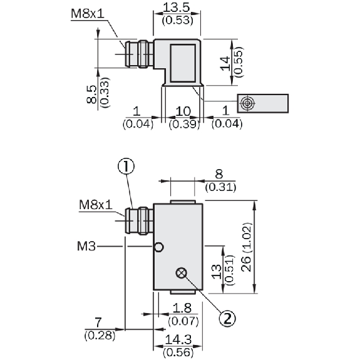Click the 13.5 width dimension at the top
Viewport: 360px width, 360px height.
pyautogui.click(x=177, y=8)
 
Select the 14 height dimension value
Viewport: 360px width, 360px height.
pyautogui.click(x=225, y=63)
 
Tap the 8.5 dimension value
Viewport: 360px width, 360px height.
pyautogui.click(x=91, y=95)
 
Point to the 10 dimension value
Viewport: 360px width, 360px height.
pyautogui.click(x=183, y=111)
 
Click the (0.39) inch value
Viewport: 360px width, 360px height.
pyautogui.click(x=184, y=124)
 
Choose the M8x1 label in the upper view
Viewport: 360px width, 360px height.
pyautogui.click(x=88, y=14)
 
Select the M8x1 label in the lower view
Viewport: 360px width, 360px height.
pyautogui.click(x=96, y=205)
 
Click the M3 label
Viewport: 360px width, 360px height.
pyautogui.click(x=86, y=247)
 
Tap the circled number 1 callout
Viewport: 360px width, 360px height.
pyautogui.click(x=126, y=167)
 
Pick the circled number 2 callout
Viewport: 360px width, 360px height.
pyautogui.click(x=227, y=319)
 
